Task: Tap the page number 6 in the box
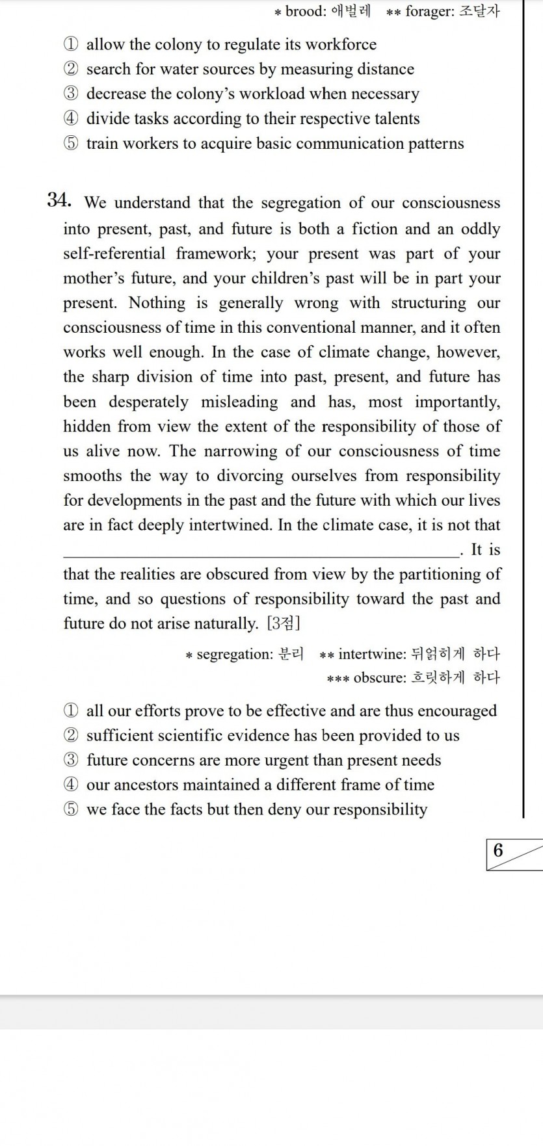coord(498,850)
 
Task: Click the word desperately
coord(148,402)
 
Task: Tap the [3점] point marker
coord(284,623)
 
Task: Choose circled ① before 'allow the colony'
coord(71,45)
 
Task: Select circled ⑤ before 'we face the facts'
coord(71,810)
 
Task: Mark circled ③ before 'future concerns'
coord(71,761)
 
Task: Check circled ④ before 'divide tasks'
coord(71,119)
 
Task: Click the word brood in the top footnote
coord(305,11)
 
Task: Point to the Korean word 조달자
coord(479,11)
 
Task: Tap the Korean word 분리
coord(291,654)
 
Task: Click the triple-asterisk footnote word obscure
coord(379,678)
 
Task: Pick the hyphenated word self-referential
coord(114,254)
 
